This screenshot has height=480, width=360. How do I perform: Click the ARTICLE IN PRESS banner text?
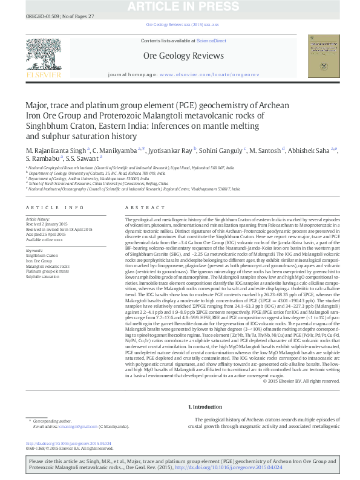180,7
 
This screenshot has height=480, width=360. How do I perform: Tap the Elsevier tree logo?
41,57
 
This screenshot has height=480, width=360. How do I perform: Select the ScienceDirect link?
211,41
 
